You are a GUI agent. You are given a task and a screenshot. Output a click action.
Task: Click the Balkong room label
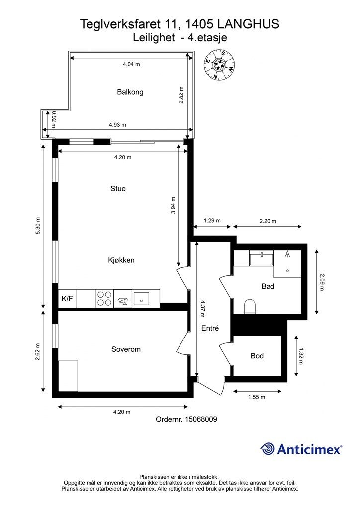click(130, 92)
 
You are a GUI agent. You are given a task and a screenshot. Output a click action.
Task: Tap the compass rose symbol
click(219, 65)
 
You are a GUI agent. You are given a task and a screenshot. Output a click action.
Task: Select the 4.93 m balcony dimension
click(118, 125)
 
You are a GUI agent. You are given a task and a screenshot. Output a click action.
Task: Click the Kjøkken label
click(121, 260)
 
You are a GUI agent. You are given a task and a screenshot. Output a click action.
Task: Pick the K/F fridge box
click(67, 299)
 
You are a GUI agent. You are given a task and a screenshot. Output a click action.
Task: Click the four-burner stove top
click(104, 298)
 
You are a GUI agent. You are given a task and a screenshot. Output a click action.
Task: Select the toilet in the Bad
click(250, 306)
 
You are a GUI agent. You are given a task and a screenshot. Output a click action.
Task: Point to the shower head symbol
click(287, 255)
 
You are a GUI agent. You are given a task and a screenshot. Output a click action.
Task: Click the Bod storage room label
click(257, 356)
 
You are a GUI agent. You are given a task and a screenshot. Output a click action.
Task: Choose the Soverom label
click(126, 349)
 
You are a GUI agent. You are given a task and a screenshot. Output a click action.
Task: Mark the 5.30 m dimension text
click(38, 227)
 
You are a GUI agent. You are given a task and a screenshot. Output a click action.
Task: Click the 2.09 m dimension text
click(322, 282)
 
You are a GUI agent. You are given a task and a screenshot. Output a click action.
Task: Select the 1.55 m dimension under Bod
click(256, 397)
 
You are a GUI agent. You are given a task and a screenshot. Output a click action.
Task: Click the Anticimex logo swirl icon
click(268, 449)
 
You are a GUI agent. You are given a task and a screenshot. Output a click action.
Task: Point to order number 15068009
click(186, 419)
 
